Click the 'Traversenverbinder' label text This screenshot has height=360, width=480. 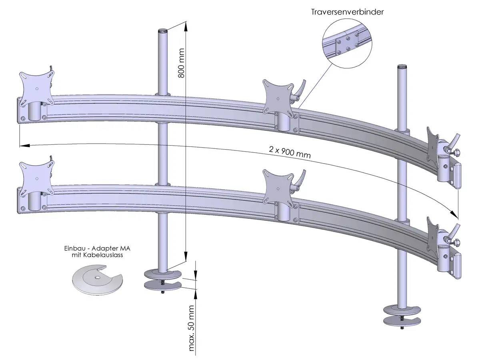[x=347, y=12]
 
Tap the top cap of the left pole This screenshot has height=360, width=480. [x=163, y=30]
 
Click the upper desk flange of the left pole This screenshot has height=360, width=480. [x=163, y=275]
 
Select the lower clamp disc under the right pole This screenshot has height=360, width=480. [x=402, y=321]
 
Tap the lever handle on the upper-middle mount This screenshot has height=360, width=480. [x=300, y=88]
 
